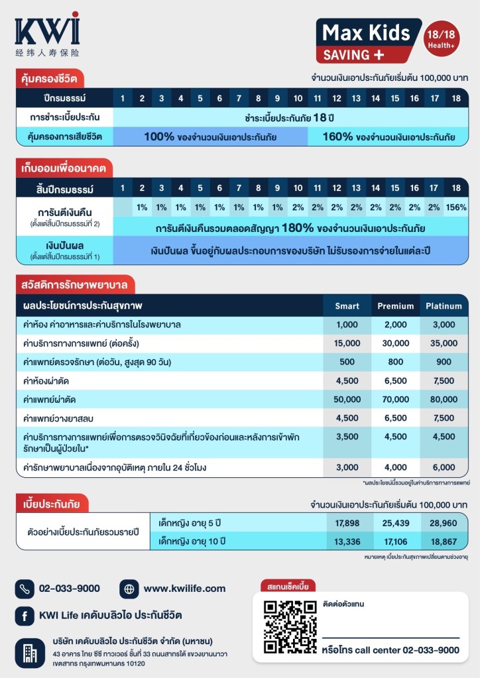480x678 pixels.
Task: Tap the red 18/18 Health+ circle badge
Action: point(443,38)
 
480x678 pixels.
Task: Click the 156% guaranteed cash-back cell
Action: point(456,207)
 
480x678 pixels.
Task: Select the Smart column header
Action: point(347,306)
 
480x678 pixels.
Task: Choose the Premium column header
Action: point(396,306)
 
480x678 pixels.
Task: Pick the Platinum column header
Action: point(444,306)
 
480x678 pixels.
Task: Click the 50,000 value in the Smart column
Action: point(347,399)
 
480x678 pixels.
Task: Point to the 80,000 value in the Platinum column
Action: point(444,399)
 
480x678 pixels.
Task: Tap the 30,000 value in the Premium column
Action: point(396,343)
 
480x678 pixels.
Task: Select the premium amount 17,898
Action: point(347,523)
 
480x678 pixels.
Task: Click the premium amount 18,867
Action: point(444,541)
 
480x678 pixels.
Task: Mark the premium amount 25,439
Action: point(396,523)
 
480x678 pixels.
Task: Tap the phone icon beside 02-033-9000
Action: point(25,588)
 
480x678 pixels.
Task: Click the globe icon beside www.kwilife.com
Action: point(129,588)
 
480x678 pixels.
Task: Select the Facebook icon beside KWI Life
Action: point(25,616)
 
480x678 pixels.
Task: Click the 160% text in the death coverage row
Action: point(338,137)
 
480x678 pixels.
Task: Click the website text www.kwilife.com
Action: point(184,588)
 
